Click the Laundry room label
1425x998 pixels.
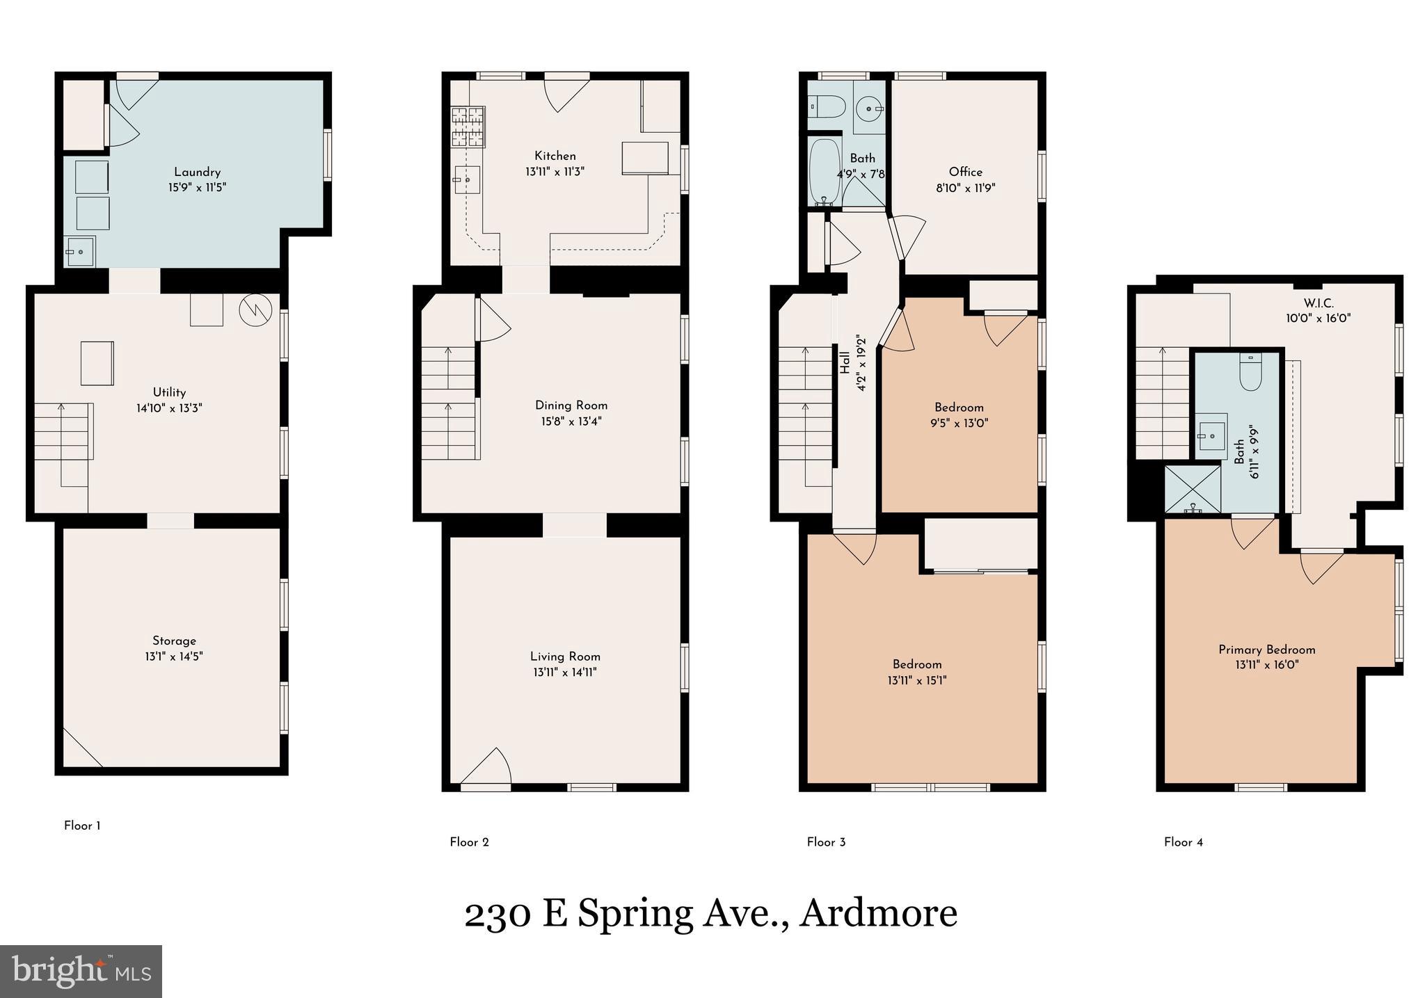tap(197, 172)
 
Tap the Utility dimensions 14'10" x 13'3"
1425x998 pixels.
tap(169, 408)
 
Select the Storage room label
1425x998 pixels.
tap(174, 641)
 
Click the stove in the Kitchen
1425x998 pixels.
tap(468, 127)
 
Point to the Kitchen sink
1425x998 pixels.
tap(467, 180)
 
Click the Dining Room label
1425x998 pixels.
tap(571, 405)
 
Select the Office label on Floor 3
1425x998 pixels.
tap(965, 172)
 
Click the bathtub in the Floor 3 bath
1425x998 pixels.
tap(825, 172)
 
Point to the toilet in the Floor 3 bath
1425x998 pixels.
tap(826, 107)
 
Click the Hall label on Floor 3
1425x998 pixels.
tap(845, 362)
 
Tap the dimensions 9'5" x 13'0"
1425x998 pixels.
tap(959, 423)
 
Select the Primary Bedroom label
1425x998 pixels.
tap(1266, 650)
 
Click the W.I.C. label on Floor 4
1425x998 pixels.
tap(1318, 303)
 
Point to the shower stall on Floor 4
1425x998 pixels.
tap(1193, 490)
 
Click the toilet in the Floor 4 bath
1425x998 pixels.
tap(1250, 373)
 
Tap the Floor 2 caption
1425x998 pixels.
tap(469, 842)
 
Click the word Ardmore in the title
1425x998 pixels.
tap(878, 912)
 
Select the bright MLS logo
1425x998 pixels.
tap(81, 971)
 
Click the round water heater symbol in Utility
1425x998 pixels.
tap(252, 310)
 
